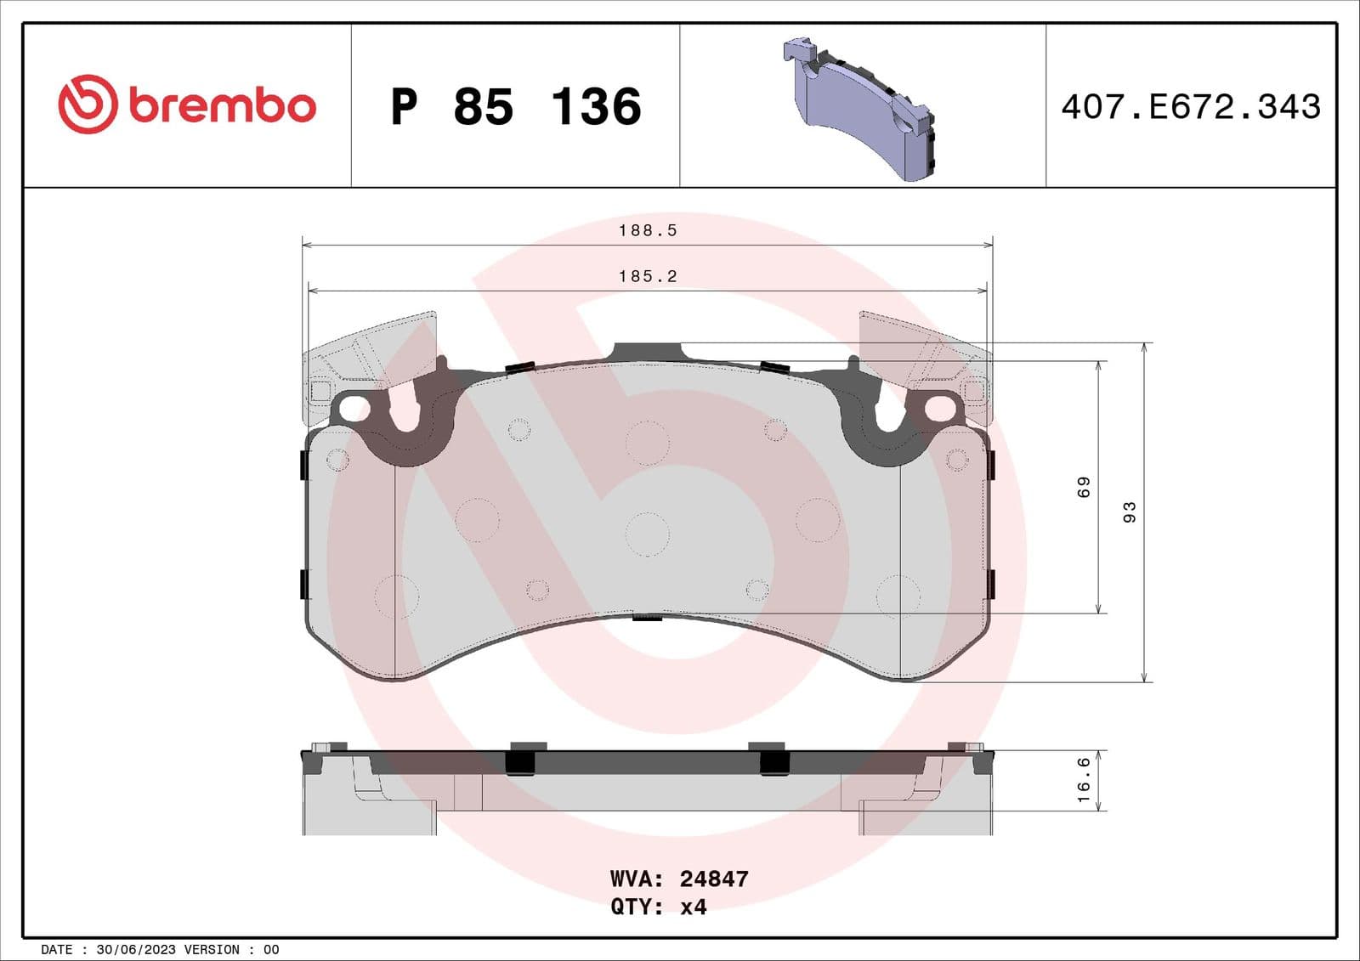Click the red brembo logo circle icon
click(x=87, y=104)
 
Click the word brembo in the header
click(x=223, y=105)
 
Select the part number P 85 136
click(x=515, y=107)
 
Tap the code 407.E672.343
click(x=1190, y=107)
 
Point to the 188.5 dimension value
click(x=648, y=230)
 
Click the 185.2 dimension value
click(x=648, y=276)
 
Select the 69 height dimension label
click(x=1084, y=487)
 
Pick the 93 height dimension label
click(x=1130, y=512)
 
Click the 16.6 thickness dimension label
click(x=1084, y=780)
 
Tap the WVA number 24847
click(x=714, y=879)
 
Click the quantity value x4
click(x=694, y=907)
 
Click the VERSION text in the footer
click(x=212, y=950)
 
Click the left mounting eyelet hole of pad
click(x=350, y=410)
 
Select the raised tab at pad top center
click(x=647, y=352)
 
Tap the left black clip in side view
click(x=519, y=759)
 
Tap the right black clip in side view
click(x=773, y=759)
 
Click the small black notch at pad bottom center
click(x=648, y=617)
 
